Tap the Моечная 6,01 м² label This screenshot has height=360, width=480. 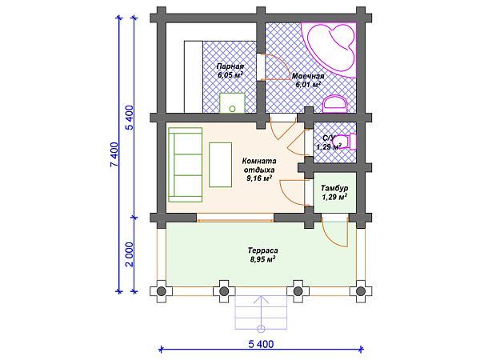308,80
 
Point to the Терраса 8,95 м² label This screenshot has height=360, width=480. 263,255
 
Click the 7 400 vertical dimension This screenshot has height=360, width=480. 114,154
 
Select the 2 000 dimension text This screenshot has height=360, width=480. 130,254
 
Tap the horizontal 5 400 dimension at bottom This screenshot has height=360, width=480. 261,344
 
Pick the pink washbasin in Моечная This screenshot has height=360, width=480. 335,103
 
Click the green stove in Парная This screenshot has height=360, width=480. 232,103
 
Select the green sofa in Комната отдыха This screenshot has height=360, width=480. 186,165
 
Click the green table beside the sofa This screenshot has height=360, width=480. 221,165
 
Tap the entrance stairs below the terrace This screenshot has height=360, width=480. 261,312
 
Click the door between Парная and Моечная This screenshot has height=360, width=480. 273,67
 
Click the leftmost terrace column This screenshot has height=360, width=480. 161,291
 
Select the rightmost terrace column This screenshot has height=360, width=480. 361,291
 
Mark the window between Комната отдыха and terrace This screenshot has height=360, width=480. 235,219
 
